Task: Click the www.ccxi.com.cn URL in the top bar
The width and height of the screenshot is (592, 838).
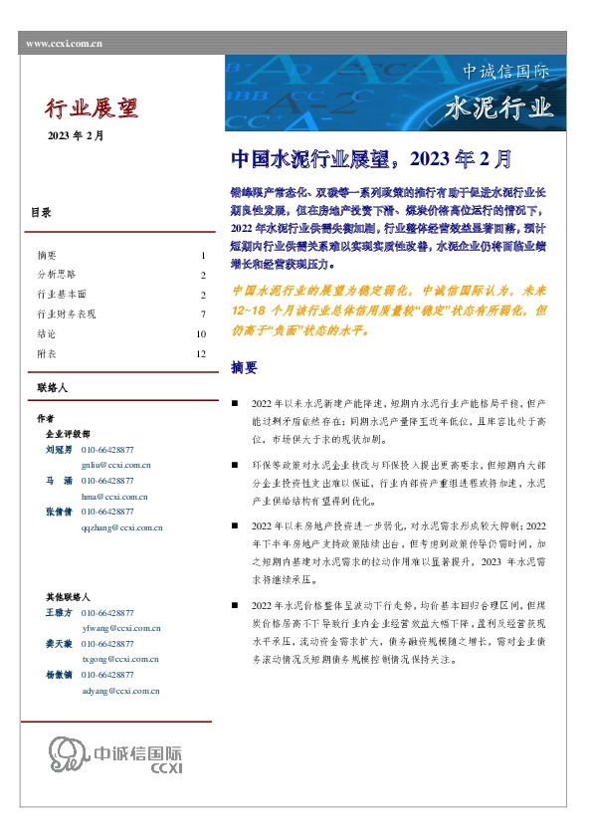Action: coord(64,43)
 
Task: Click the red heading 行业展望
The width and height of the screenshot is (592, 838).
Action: coord(93,106)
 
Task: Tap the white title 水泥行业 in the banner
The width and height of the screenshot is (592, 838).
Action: coord(500,107)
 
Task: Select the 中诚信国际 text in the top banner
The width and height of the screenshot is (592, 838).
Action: coord(505,72)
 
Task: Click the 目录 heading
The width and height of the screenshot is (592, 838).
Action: coord(41,213)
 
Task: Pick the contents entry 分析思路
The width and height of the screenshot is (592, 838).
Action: coord(56,275)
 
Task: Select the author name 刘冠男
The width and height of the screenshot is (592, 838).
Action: coord(59,450)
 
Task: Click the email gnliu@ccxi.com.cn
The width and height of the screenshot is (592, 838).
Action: coord(115,465)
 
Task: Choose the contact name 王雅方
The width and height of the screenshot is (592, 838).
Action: coord(59,614)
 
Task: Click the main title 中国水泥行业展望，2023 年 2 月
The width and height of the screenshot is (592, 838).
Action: coord(371,159)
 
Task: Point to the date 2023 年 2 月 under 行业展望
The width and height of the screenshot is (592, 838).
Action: coord(75,135)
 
